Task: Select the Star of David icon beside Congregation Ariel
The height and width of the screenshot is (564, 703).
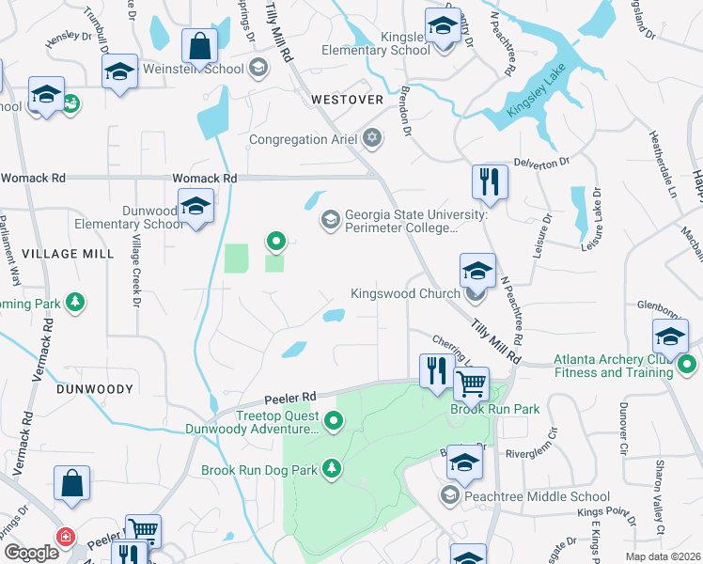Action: coord(372,139)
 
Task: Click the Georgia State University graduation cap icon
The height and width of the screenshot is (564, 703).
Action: coord(330,220)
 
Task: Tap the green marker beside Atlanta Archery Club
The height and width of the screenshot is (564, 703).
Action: coord(687,365)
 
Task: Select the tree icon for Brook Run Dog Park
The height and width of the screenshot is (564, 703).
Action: coord(331,469)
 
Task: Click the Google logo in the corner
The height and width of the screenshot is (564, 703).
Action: coord(30,552)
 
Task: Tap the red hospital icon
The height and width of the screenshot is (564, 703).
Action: coord(65,537)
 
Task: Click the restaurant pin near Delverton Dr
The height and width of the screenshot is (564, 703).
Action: coord(490,181)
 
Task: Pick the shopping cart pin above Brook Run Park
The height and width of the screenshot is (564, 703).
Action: coord(471,384)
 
